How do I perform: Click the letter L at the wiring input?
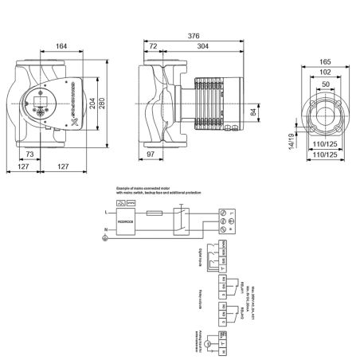click(x=107, y=212)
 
